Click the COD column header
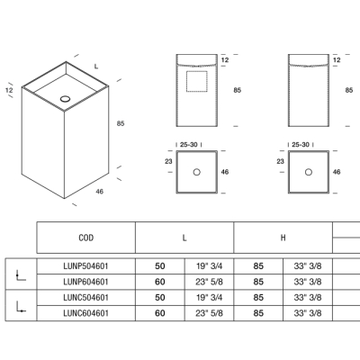tap(86, 238)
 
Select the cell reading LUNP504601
tap(85, 266)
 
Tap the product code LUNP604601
tap(85, 282)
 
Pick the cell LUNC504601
tap(85, 298)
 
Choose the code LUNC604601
tap(85, 313)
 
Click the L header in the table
tap(184, 238)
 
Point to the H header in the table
tap(283, 238)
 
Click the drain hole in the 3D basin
tap(65, 98)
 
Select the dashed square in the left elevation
tap(197, 81)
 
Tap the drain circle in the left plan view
tap(197, 172)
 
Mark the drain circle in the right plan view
tap(309, 172)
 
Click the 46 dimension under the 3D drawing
tap(99, 192)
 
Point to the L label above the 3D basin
tap(96, 67)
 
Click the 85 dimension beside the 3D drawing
tap(121, 123)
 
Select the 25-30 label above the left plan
tap(189, 145)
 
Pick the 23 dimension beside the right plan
tap(280, 161)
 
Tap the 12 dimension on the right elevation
tap(337, 60)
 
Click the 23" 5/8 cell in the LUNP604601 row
tap(209, 282)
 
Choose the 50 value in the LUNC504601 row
tap(160, 298)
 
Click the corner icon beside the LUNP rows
tap(21, 274)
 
